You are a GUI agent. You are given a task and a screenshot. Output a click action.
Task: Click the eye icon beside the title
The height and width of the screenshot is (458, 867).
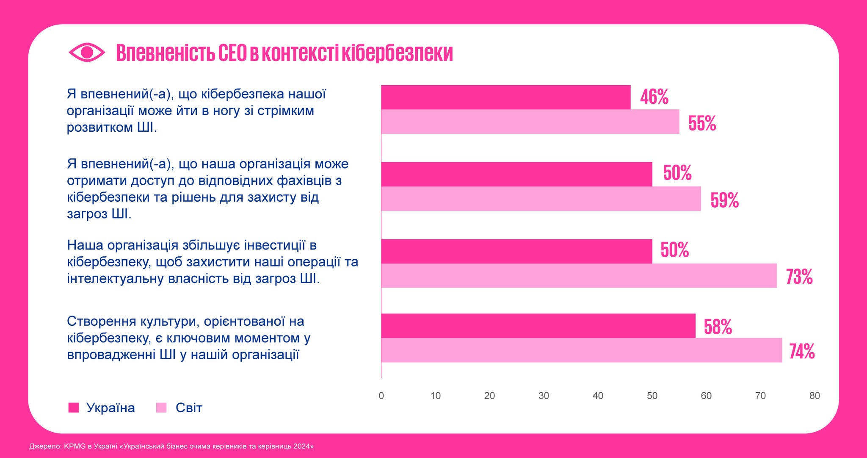coord(87,53)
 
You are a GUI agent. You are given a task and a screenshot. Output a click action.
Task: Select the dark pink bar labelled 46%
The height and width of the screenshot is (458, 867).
coord(505,97)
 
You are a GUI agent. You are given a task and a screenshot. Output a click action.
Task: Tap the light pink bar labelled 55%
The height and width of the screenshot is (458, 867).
coord(530,122)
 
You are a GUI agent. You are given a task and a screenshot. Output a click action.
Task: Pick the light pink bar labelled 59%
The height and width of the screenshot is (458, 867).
coord(541,199)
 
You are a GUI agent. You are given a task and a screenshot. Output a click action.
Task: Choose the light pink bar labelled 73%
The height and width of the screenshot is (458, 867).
coord(579,276)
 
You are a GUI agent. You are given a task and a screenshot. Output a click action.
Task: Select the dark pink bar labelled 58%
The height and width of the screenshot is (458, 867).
coord(538,326)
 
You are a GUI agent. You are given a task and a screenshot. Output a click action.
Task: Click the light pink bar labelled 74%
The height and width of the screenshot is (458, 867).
coord(581,350)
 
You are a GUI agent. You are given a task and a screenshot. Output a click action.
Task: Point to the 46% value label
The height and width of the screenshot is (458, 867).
coord(654,97)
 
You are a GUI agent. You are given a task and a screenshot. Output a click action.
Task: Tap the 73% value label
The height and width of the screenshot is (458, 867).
coord(799,277)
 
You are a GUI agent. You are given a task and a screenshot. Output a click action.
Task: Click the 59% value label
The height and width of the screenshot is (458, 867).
coord(724,200)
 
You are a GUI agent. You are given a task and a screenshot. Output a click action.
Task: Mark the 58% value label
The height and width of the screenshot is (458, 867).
coord(718,327)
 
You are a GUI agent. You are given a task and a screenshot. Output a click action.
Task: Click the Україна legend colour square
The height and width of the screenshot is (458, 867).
coord(74,408)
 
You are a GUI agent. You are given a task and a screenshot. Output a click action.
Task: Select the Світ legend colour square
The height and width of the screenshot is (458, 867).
coord(161,408)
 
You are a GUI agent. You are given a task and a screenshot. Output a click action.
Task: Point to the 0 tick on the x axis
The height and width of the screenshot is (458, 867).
coord(381,396)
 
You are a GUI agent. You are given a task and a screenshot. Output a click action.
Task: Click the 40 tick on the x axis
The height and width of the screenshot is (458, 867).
coord(598,396)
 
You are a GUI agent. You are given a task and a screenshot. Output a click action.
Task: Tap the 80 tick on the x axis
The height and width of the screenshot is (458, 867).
coord(815,396)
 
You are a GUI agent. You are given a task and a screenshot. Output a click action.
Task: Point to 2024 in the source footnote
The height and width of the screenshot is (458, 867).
coord(302,446)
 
